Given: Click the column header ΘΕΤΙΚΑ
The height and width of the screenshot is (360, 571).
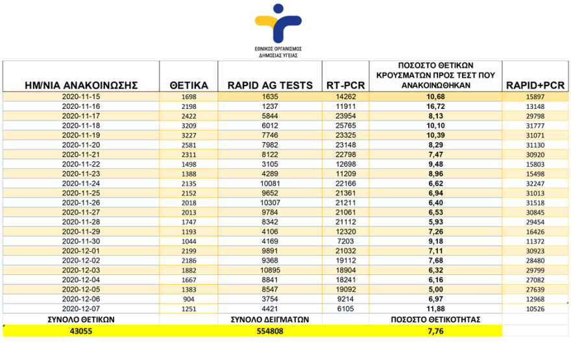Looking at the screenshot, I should coord(189,86).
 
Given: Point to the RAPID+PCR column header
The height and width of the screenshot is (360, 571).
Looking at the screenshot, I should coord(535,86).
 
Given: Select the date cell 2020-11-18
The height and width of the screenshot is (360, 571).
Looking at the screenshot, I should coord(81,125).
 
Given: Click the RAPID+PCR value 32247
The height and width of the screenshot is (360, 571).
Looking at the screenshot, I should coord(536,184).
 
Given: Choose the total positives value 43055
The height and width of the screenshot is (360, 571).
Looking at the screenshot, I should coord(81,330).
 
